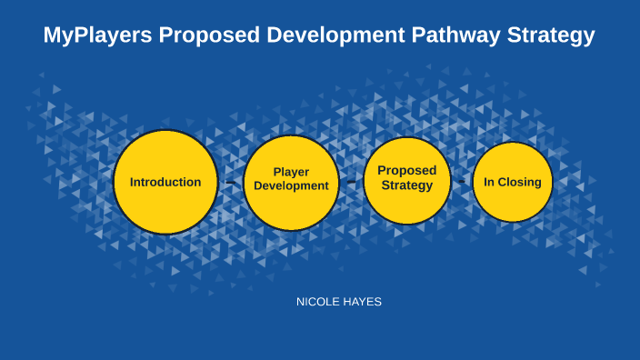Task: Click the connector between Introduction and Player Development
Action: (231, 183)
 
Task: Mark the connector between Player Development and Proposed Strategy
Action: (351, 181)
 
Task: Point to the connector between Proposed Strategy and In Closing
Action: (463, 182)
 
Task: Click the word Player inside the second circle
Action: (291, 172)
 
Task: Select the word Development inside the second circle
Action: (291, 185)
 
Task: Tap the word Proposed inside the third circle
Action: (407, 170)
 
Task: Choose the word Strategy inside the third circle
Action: (407, 185)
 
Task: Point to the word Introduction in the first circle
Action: (165, 182)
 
